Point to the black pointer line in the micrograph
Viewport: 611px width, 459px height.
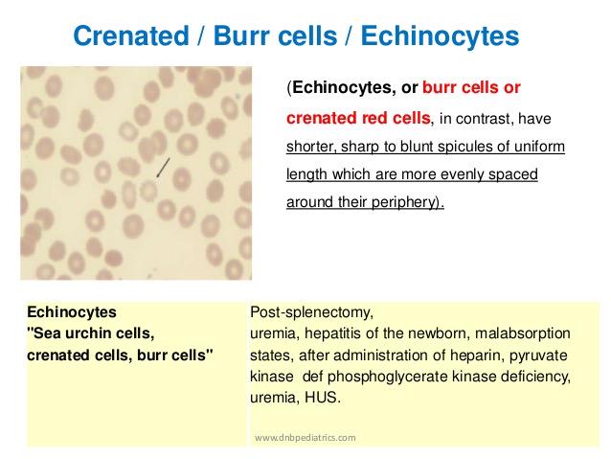166,167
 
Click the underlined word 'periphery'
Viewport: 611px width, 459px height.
408,204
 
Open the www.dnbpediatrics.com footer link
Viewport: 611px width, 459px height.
305,437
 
